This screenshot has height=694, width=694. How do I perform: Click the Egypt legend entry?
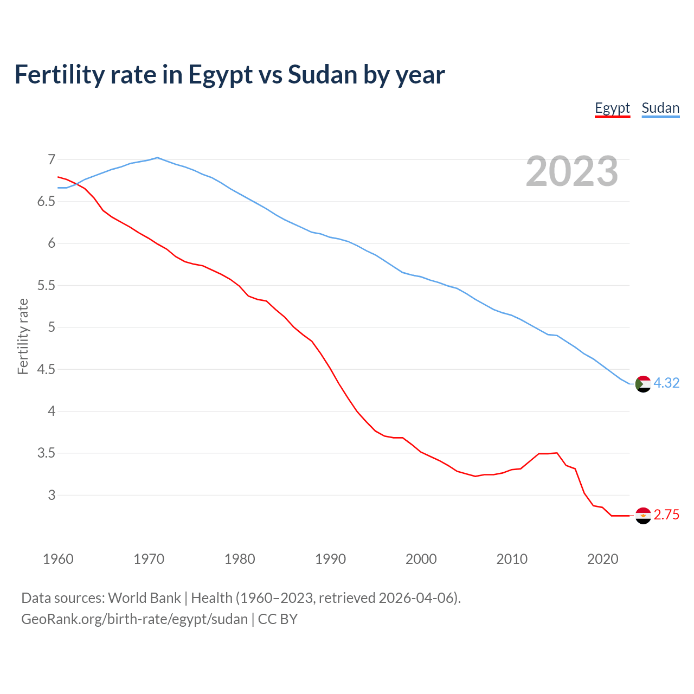612,108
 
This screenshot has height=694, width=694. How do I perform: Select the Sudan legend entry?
660,108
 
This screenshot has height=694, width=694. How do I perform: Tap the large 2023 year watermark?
572,171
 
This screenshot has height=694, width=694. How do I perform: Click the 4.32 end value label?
666,383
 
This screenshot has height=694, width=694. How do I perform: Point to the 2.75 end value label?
666,515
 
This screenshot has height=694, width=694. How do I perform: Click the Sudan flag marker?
643,384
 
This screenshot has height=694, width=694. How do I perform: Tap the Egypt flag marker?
643,516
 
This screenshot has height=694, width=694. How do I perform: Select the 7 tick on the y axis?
52,159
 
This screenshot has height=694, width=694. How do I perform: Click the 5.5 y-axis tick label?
46,285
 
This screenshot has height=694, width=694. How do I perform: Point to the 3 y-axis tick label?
52,495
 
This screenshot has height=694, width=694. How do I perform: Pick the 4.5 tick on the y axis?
46,369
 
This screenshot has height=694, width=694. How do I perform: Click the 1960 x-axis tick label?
58,559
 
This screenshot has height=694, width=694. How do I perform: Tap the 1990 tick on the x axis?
330,559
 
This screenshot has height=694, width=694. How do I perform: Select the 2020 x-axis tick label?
602,559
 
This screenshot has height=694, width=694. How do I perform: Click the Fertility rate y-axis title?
23,336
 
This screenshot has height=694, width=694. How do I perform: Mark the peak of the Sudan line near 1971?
157,158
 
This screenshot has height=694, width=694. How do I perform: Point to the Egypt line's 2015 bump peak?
557,453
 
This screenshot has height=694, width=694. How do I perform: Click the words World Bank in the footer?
144,598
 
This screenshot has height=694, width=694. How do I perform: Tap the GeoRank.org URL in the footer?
134,619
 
